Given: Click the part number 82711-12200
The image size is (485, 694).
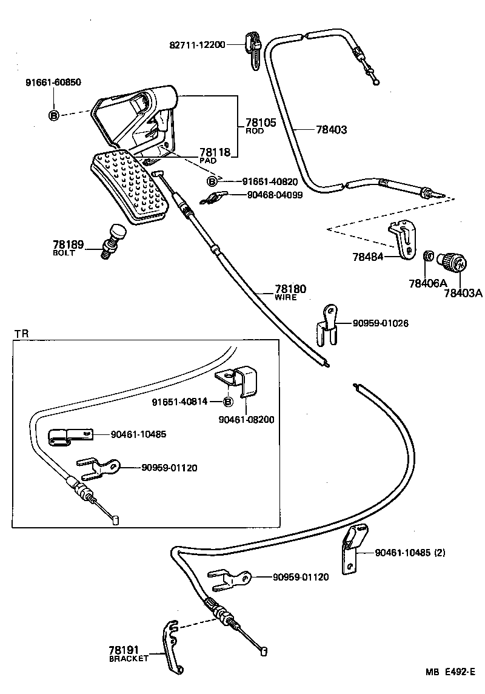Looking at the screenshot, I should pos(198,45).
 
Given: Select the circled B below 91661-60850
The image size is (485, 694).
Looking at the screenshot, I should pos(53,114).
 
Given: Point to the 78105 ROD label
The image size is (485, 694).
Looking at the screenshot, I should pos(260,126).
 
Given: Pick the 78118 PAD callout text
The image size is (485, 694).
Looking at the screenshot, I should pos(215,155).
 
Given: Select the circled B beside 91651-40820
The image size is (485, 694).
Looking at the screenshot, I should pos(212,181).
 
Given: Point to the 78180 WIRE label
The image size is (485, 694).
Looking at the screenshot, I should pos(290,292).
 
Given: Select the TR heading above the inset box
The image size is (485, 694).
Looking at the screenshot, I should pos(21,334).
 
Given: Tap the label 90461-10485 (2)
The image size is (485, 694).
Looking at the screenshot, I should pos(410,552).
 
